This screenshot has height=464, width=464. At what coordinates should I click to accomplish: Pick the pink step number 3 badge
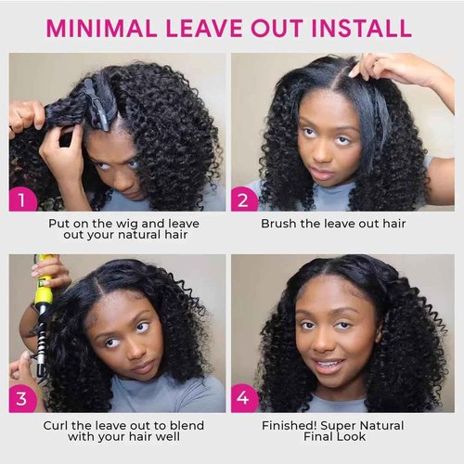[x=24, y=398]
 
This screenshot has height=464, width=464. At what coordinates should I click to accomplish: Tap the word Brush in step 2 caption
[x=279, y=224]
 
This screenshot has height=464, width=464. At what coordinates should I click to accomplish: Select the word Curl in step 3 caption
[x=57, y=425]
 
